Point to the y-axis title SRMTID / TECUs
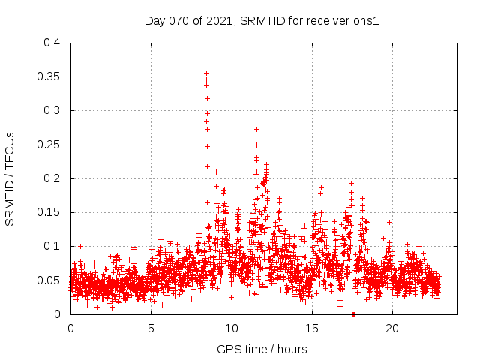(10, 178)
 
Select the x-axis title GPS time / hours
(262, 349)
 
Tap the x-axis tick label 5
(151, 328)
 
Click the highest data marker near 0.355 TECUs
(206, 73)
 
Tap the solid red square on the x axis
(353, 313)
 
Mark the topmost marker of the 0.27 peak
(256, 129)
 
